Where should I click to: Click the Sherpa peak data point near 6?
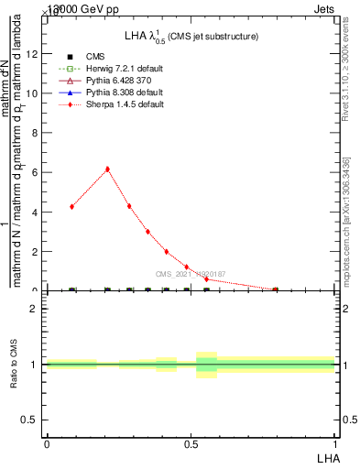(x=107, y=169)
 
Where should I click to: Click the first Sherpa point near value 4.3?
(x=71, y=206)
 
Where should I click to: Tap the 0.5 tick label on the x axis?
(x=191, y=443)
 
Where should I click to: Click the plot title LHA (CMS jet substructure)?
(x=191, y=36)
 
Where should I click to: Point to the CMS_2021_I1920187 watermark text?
(x=191, y=274)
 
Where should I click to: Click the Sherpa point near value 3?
(x=147, y=232)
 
